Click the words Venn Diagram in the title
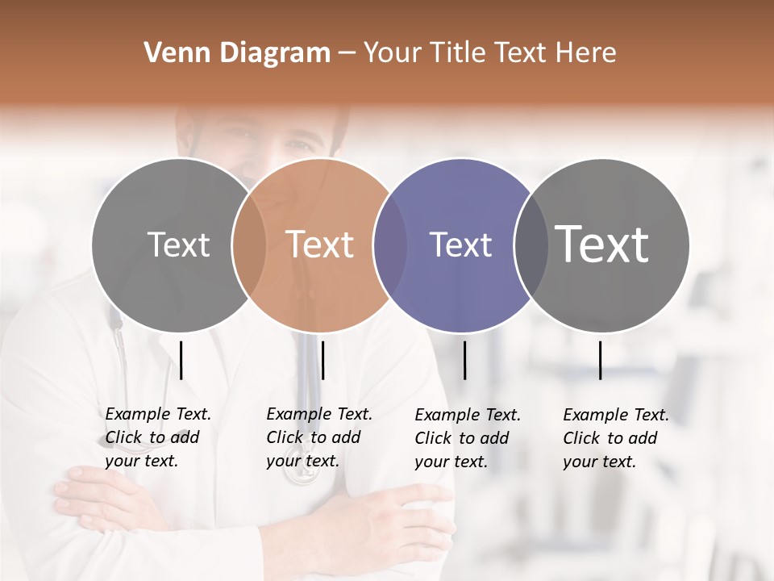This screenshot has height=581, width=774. [237, 53]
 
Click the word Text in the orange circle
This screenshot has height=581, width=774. [320, 245]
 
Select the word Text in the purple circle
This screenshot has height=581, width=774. [460, 245]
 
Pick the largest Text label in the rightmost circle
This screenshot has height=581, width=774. [602, 245]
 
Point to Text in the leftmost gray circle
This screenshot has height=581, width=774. [178, 245]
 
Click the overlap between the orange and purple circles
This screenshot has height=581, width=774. [390, 245]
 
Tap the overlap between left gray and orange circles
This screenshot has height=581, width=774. [249, 245]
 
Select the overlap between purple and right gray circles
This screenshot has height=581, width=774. [531, 245]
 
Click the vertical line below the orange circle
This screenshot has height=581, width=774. [322, 360]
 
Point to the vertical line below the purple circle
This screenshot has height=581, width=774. [464, 360]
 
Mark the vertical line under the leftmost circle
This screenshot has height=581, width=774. [181, 360]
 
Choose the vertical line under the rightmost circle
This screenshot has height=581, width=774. [600, 360]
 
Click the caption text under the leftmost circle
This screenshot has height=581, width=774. [157, 437]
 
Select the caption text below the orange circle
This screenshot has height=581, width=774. [318, 437]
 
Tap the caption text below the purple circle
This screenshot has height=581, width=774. [467, 438]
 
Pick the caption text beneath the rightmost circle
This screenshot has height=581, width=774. [615, 438]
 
